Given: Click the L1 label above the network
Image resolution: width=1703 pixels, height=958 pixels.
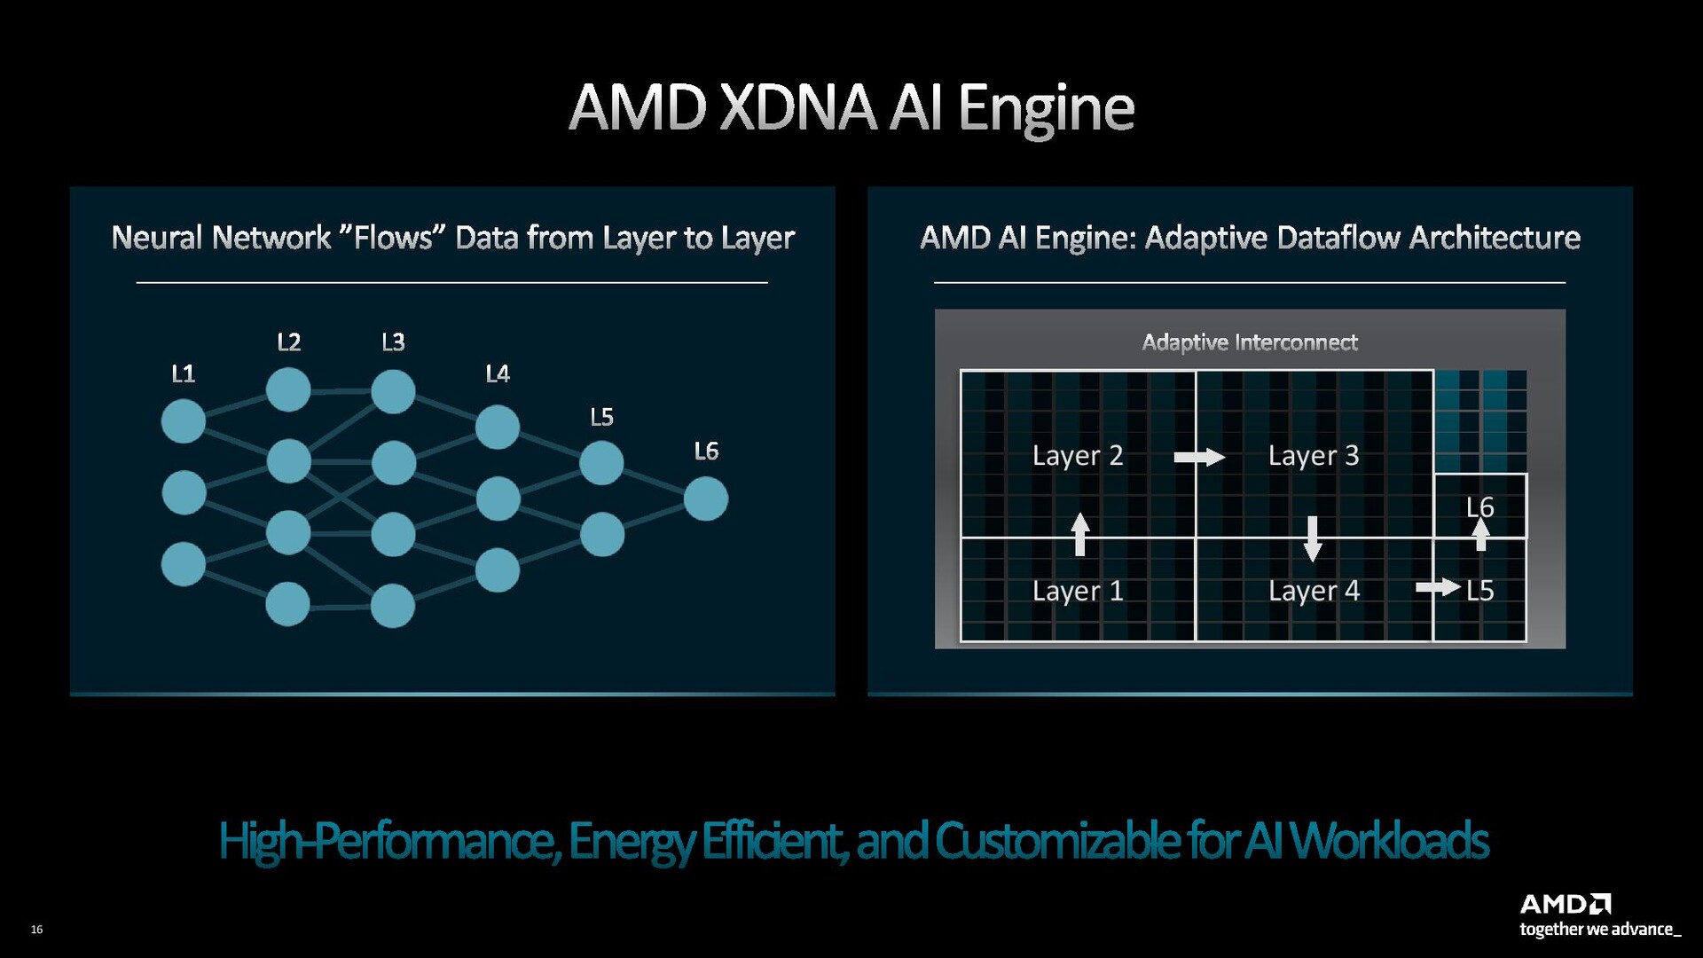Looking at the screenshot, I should click(183, 374).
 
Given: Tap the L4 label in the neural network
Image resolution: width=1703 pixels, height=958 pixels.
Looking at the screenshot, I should click(498, 374).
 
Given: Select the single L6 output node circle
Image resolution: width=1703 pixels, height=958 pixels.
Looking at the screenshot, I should click(706, 499).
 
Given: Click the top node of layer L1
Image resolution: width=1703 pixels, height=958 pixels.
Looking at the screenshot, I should click(184, 420).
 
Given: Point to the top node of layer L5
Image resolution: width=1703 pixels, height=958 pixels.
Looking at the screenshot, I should click(601, 462).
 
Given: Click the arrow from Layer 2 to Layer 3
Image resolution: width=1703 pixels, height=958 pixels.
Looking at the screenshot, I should click(1199, 457).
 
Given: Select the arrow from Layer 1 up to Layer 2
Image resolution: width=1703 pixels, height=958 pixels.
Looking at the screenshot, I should click(1079, 534).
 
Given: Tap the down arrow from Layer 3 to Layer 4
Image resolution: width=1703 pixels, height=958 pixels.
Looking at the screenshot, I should click(1313, 538).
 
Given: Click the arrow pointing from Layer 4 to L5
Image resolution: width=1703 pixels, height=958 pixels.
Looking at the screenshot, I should click(1438, 587).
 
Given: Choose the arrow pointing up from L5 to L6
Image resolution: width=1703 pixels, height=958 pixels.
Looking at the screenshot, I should click(1480, 534).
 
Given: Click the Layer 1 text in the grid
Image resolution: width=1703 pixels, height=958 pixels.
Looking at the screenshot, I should click(1078, 591).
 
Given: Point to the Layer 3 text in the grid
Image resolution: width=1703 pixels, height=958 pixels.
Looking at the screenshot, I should click(1314, 456).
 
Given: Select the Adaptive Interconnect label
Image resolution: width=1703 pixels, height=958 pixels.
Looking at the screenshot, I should click(1250, 342).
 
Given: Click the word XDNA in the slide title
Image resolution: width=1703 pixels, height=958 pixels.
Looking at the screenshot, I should click(797, 108).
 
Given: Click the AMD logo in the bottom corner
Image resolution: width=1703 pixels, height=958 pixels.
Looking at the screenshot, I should click(1566, 905).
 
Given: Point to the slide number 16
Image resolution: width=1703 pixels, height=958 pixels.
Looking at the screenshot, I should click(36, 929).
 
